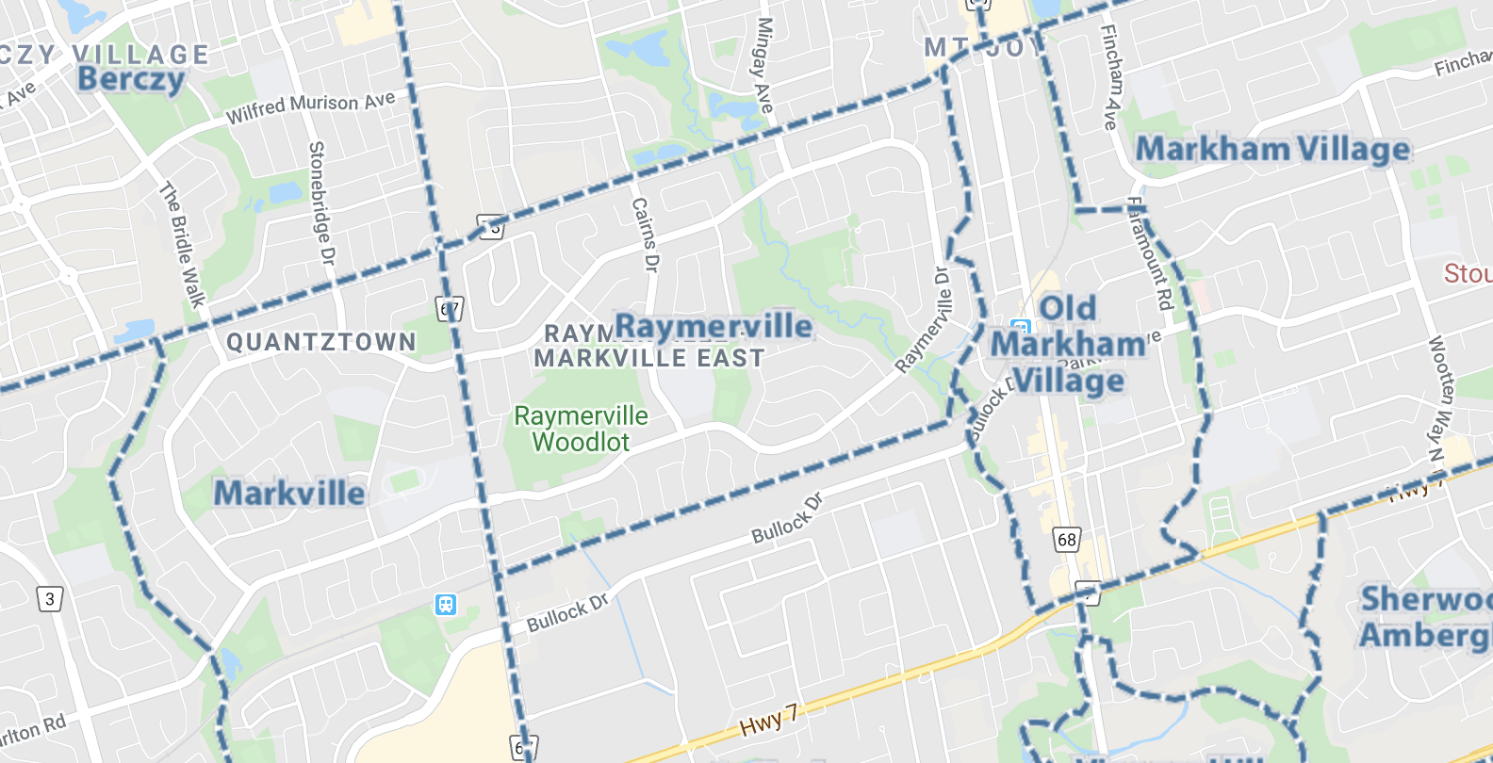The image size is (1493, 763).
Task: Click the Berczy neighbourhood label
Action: pos(130,80)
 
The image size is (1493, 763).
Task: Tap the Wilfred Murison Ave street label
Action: pos(310,106)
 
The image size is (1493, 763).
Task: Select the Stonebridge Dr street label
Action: pos(320,203)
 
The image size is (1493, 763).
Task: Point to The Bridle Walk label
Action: pos(182,245)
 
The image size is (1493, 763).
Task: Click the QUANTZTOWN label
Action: pos(320,342)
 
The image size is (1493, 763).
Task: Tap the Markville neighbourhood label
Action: pos(288,494)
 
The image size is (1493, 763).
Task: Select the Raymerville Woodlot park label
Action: pos(581,430)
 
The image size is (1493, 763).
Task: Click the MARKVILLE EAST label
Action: pos(648,359)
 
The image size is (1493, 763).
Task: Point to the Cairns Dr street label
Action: pos(645,235)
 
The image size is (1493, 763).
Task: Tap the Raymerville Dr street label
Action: pos(924,320)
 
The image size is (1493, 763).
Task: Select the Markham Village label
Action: pos(1272,150)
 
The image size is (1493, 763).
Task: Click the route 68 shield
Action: pos(1066,540)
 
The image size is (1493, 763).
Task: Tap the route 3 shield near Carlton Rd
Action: pos(50,599)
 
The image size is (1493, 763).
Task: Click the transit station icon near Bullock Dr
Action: pos(446,604)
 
